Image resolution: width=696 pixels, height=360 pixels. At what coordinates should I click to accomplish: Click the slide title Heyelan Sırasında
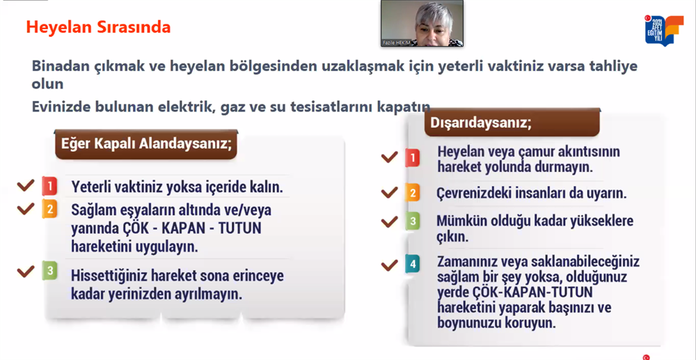point(98,27)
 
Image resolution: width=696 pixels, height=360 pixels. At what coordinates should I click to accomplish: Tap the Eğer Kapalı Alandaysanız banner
point(145,144)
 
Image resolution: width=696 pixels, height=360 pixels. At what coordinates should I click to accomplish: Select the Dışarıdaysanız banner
point(512,122)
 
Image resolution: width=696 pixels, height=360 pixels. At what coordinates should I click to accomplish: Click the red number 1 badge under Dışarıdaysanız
point(412,157)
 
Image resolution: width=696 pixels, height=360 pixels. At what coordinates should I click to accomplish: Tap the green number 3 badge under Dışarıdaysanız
point(412,221)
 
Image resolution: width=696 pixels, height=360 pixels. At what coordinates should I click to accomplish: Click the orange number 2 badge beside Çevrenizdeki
point(412,193)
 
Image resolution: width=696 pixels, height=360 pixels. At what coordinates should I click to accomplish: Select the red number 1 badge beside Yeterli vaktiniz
point(49,187)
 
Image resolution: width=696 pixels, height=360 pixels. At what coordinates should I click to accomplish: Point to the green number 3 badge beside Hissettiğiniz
point(49,271)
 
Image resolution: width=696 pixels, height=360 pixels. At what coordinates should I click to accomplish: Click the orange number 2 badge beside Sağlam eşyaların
point(49,209)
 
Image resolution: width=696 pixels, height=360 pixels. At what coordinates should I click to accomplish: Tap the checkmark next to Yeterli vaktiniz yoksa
point(25,185)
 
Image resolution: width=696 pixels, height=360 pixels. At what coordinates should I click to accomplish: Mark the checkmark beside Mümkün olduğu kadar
point(389,221)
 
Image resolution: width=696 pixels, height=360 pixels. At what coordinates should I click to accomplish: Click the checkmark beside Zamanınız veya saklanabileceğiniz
point(389,265)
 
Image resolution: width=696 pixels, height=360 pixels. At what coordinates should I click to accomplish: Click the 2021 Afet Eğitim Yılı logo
point(658,30)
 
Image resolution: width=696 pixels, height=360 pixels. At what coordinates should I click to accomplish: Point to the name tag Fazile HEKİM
point(397,43)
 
